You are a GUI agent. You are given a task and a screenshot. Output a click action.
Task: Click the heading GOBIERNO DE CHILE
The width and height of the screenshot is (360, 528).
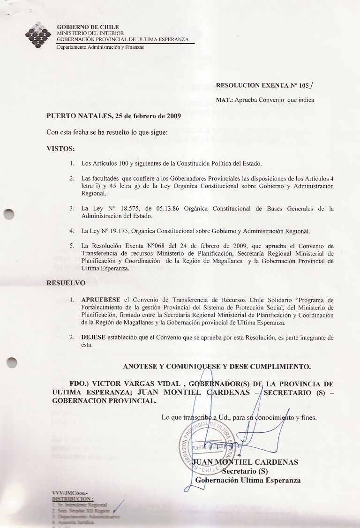point(88,27)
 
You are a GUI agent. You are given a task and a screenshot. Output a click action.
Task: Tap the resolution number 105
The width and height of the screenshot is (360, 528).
point(305,85)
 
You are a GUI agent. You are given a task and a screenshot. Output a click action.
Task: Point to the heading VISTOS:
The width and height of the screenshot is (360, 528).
point(60,149)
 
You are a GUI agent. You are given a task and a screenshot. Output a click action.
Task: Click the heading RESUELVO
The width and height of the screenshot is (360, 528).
point(66,283)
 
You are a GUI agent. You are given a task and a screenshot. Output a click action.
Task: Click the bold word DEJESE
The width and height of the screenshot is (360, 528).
point(93,338)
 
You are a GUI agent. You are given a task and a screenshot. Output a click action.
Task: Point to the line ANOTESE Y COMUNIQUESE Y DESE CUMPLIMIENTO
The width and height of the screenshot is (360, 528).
point(217,366)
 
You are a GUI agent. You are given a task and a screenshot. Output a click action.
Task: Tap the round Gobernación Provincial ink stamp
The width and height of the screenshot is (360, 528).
point(207,445)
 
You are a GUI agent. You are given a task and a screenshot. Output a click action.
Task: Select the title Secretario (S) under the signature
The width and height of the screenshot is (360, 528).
point(244,471)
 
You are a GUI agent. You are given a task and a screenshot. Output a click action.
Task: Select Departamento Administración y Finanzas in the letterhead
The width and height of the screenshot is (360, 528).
point(100,47)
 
